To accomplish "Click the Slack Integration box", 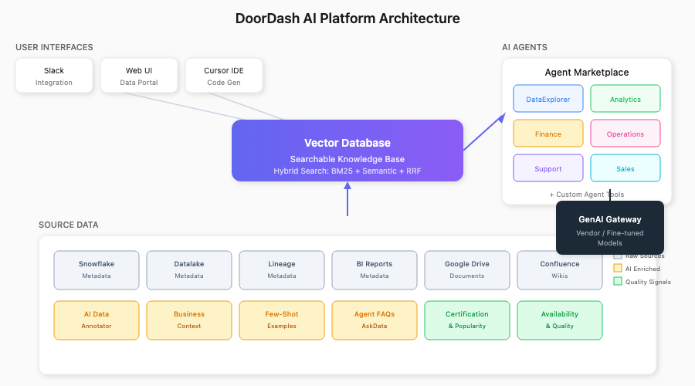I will point(54,76).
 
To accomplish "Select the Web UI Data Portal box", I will point(139,76).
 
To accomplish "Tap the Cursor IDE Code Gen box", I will point(224,76).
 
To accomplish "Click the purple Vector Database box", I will point(347,151).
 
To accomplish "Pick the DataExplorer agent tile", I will point(548,99).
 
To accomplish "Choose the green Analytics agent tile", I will point(625,99).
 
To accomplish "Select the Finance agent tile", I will point(548,134).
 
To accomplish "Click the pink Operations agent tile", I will point(625,134).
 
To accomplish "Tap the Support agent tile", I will point(548,168).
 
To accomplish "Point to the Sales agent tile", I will point(625,168).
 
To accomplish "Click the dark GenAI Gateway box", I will point(610,227).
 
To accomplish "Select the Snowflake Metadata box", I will point(97,269).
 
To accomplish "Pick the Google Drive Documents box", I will point(467,269).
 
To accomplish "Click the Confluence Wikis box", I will point(560,269).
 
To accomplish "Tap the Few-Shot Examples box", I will point(282,320).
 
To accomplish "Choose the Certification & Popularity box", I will point(467,320).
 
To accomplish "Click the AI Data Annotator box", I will point(97,320).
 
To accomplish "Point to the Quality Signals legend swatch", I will point(618,282).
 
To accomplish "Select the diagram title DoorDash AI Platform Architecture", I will point(347,19).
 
